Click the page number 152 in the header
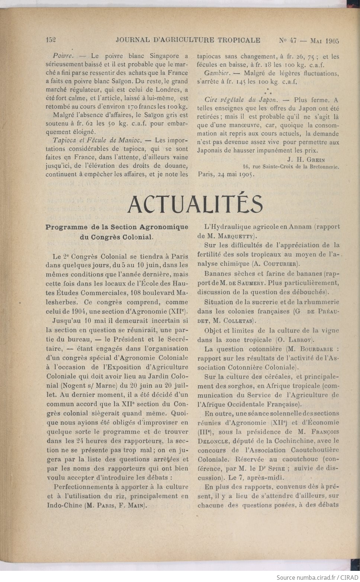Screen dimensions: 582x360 [51, 41]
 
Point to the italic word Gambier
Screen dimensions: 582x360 [213, 73]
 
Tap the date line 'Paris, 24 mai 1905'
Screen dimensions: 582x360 [226, 174]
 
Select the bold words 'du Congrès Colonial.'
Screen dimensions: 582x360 [117, 237]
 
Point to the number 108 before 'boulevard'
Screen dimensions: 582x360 [138, 293]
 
